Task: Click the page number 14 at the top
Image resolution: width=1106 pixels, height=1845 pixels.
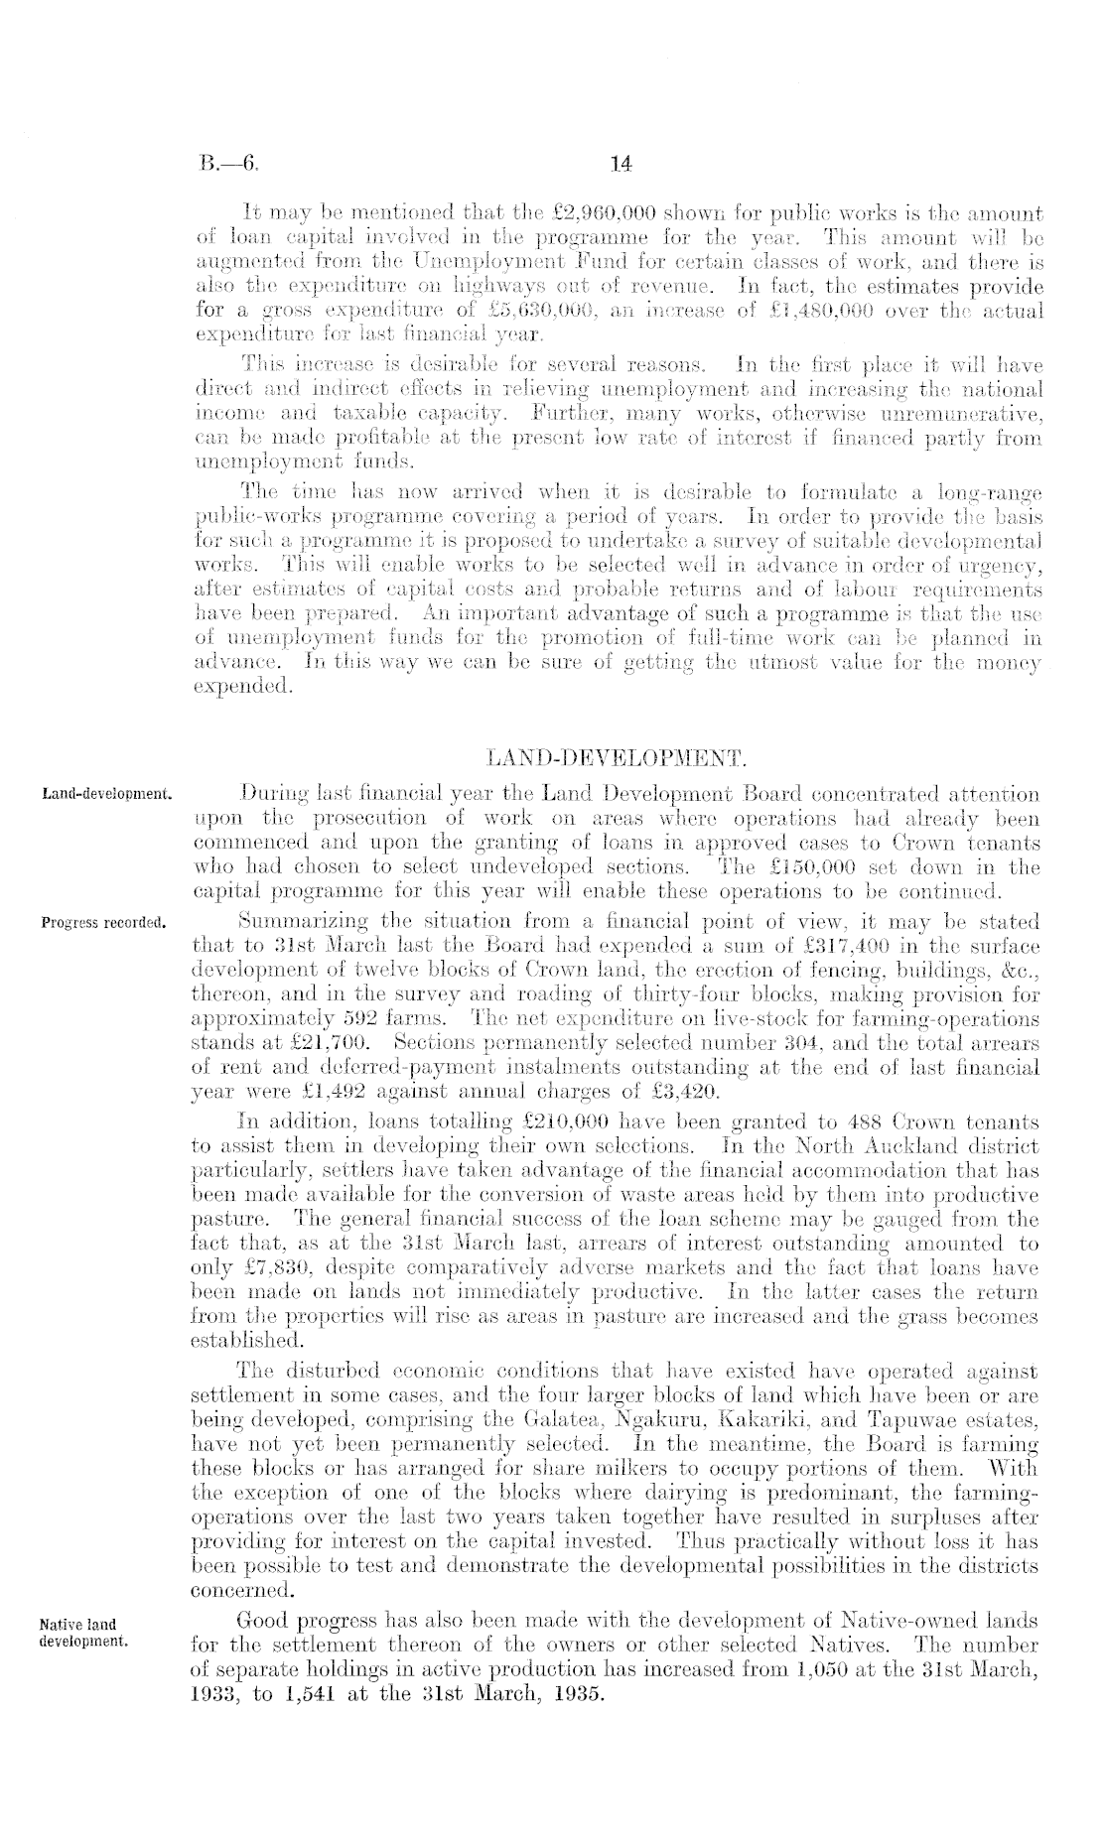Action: pos(622,163)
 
